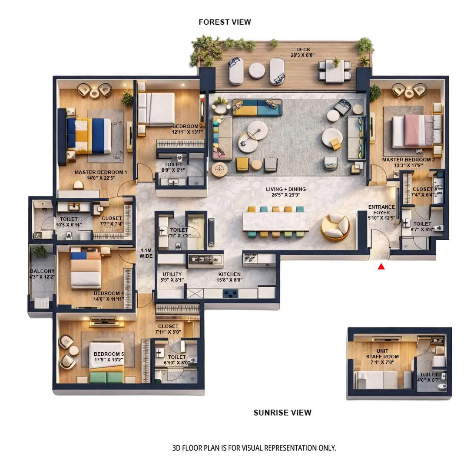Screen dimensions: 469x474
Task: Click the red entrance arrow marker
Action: pyautogui.click(x=381, y=266)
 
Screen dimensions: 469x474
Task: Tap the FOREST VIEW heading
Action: pyautogui.click(x=225, y=22)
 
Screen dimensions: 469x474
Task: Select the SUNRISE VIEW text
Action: pyautogui.click(x=282, y=413)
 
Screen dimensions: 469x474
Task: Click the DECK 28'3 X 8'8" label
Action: pyautogui.click(x=303, y=52)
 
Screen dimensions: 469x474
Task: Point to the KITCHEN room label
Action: pyautogui.click(x=229, y=277)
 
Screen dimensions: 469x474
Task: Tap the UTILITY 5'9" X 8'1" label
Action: pyautogui.click(x=172, y=277)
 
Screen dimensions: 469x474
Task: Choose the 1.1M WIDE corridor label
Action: pyautogui.click(x=146, y=253)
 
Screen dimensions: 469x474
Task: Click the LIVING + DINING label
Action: pyautogui.click(x=286, y=192)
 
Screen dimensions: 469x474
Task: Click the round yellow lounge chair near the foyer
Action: pyautogui.click(x=335, y=226)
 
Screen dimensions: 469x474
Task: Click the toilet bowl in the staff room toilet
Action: pyautogui.click(x=441, y=386)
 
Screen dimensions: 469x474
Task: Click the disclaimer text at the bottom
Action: pyautogui.click(x=254, y=448)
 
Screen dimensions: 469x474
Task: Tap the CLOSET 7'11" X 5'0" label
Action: pyautogui.click(x=169, y=329)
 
